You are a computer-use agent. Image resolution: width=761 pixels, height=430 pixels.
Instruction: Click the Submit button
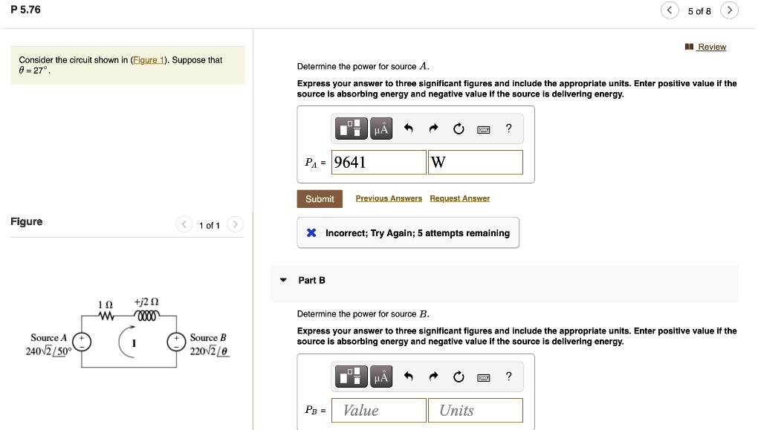click(320, 199)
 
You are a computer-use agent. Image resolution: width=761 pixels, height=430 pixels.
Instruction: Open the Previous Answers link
click(389, 198)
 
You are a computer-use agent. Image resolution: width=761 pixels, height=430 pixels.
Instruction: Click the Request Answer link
click(459, 198)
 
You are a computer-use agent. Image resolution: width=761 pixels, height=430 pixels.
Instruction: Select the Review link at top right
click(711, 47)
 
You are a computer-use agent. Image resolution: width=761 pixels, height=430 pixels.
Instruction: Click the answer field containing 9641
click(379, 162)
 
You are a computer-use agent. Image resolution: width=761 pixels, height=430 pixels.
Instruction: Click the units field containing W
click(476, 162)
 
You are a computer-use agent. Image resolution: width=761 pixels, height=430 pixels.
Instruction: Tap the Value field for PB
click(379, 410)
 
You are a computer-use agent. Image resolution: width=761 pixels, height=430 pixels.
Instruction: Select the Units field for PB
click(476, 410)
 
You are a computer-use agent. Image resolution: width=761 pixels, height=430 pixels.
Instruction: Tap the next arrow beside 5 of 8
click(731, 10)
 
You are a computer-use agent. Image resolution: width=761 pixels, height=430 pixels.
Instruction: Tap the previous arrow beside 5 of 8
click(670, 10)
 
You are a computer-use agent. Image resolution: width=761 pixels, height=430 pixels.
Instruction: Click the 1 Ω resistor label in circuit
click(106, 305)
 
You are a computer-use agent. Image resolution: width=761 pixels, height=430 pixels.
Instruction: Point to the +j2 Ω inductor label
click(146, 303)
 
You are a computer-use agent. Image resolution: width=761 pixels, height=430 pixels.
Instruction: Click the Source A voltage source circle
click(81, 342)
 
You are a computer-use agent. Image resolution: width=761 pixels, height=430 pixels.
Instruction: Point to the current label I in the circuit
click(133, 343)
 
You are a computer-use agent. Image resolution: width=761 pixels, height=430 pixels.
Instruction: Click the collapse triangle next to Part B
click(283, 281)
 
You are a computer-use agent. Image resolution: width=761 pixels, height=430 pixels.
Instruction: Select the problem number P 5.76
click(26, 10)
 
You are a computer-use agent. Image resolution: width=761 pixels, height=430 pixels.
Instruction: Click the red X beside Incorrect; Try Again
click(312, 233)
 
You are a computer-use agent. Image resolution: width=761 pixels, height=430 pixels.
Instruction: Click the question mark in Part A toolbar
click(508, 128)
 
